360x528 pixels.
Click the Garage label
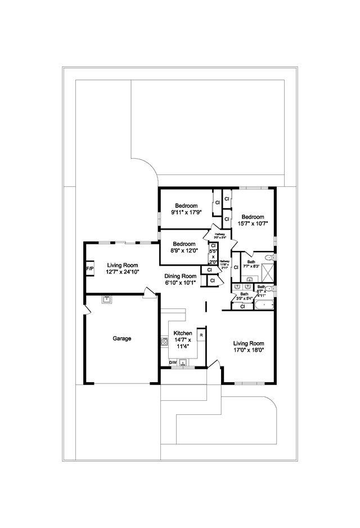[122, 338]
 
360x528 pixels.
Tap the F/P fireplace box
[89, 269]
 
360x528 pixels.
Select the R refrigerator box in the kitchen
[201, 335]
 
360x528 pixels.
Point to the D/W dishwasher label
[173, 363]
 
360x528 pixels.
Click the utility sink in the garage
[105, 299]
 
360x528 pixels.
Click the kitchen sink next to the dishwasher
[183, 363]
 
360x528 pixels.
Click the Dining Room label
[181, 276]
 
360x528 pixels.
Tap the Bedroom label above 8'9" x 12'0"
[183, 244]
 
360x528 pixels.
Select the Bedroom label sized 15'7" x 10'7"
[253, 217]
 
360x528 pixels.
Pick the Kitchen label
[183, 333]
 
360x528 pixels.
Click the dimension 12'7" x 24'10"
[123, 271]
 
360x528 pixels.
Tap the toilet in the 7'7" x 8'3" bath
[269, 257]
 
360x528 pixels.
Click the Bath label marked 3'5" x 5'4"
[244, 294]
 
